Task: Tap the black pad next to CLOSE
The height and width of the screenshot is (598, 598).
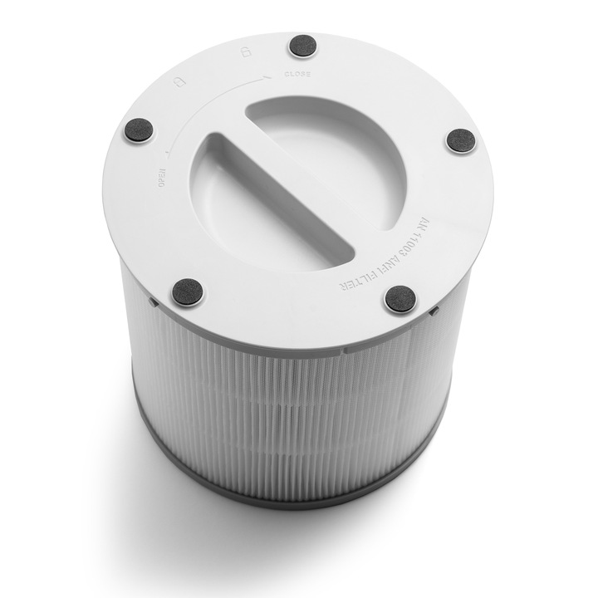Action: pyautogui.click(x=302, y=47)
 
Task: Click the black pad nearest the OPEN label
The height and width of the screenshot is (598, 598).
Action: pyautogui.click(x=139, y=130)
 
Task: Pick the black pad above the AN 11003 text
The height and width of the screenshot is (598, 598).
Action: pyautogui.click(x=460, y=140)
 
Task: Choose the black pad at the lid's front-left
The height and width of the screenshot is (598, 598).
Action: pyautogui.click(x=187, y=292)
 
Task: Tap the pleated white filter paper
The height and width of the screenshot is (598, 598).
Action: pyautogui.click(x=291, y=407)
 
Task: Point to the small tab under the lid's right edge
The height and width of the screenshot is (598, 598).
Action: pyautogui.click(x=434, y=311)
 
